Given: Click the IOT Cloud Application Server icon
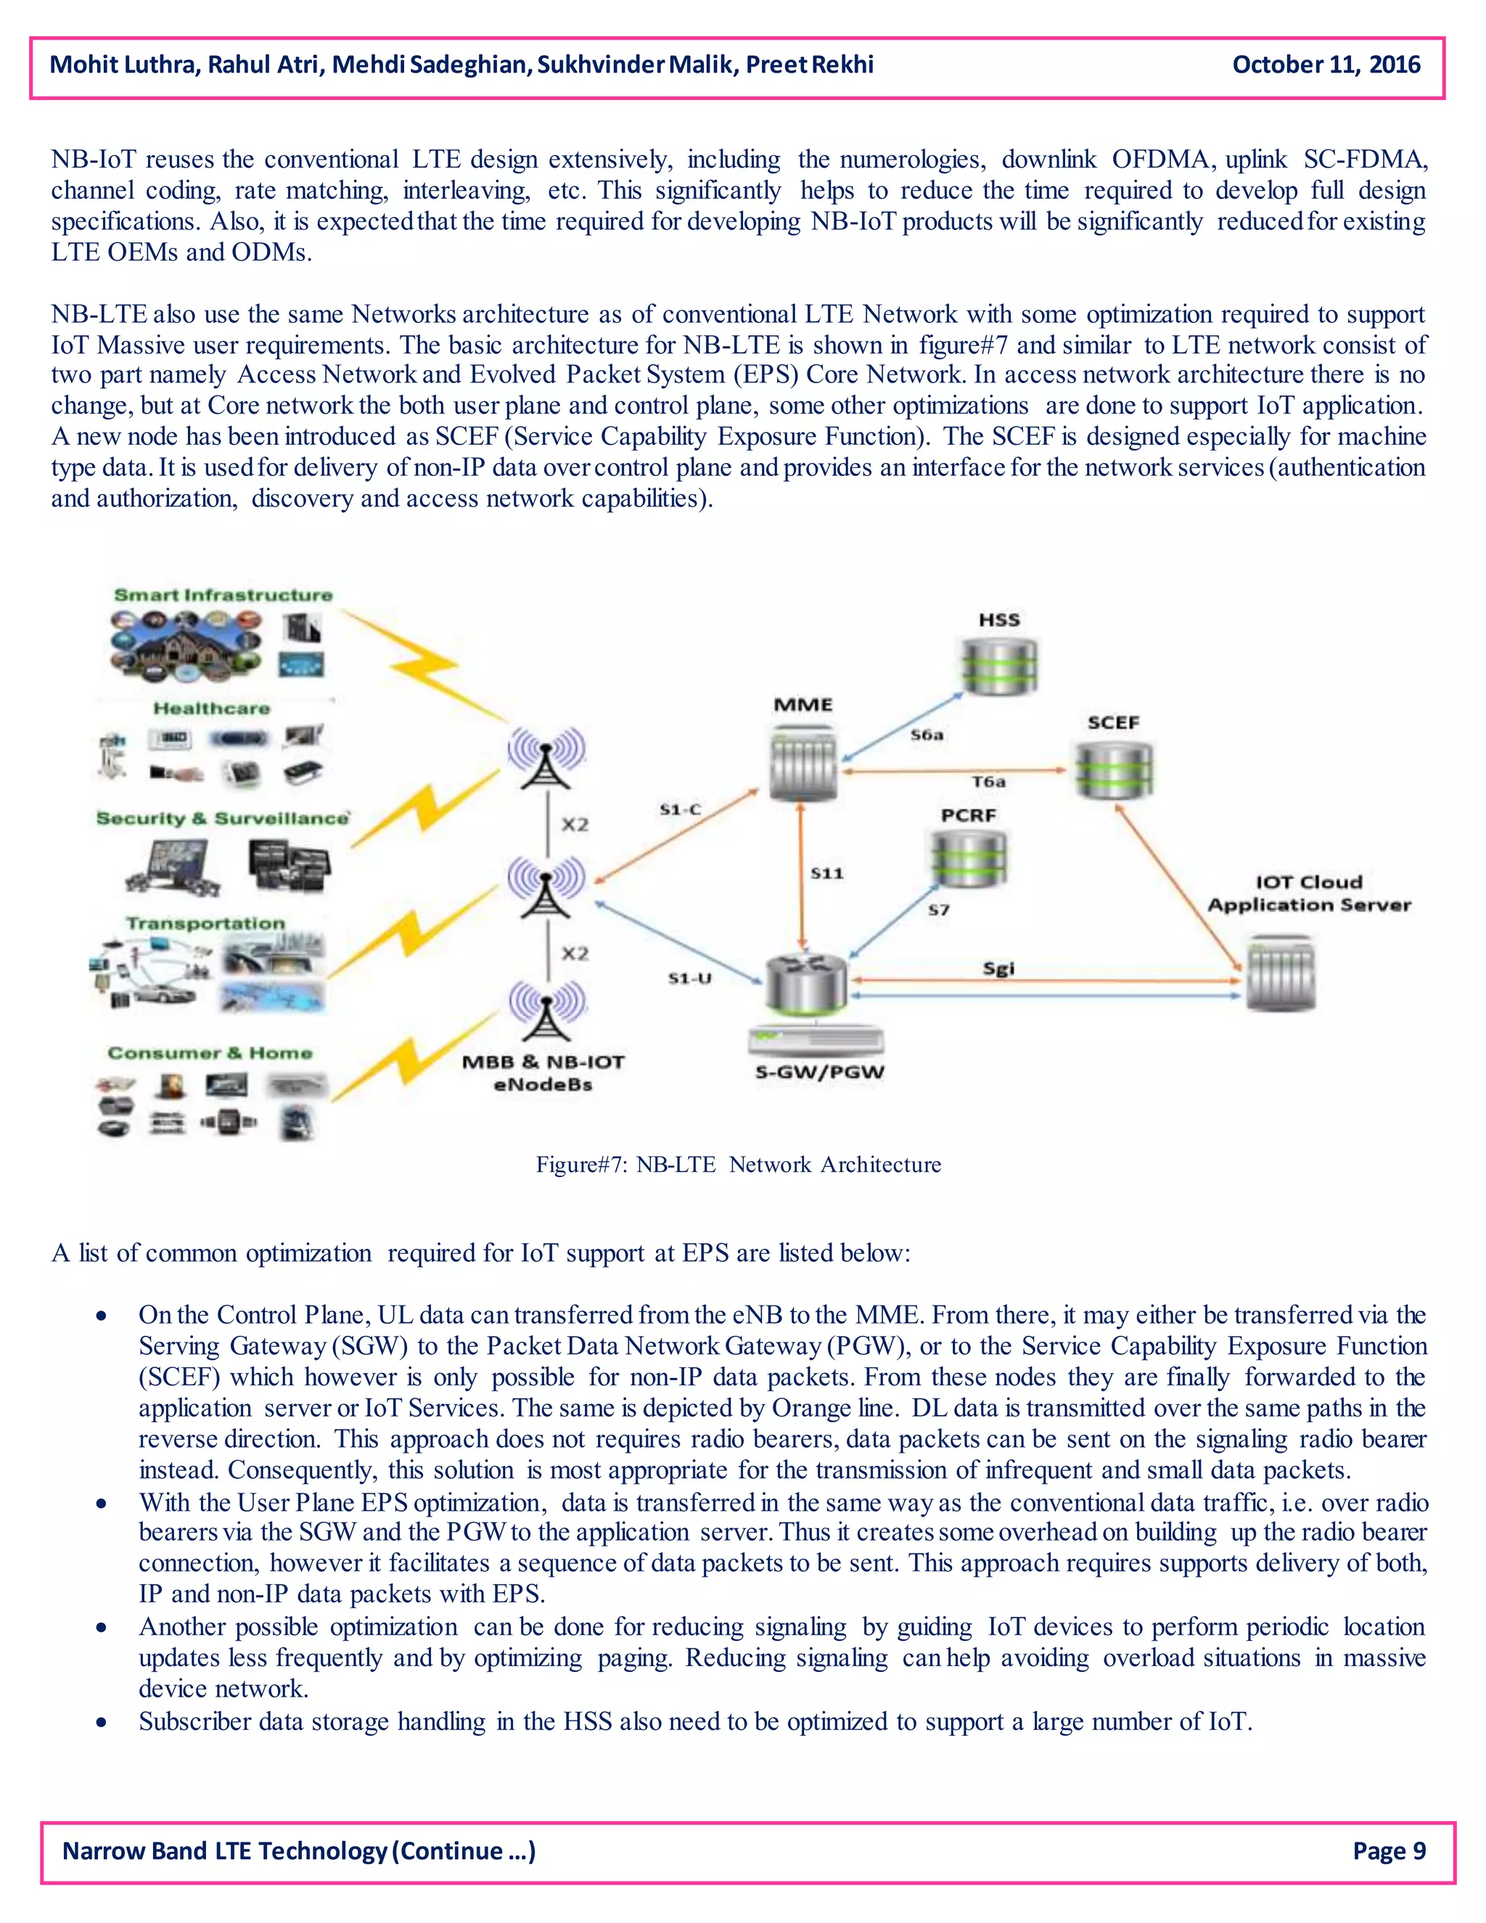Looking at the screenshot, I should tap(1281, 975).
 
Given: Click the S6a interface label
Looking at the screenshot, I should tap(926, 734).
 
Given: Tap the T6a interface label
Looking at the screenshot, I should tap(988, 781).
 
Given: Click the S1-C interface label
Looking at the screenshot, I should tap(680, 808).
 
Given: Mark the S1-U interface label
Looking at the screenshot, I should tap(689, 977).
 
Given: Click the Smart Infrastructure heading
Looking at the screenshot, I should tap(223, 595).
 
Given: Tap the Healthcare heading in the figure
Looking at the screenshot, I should tap(211, 708).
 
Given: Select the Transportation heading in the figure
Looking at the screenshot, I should tap(205, 923).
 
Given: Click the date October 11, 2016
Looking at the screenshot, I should tap(1326, 65).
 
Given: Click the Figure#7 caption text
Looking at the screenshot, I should tap(738, 1164).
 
